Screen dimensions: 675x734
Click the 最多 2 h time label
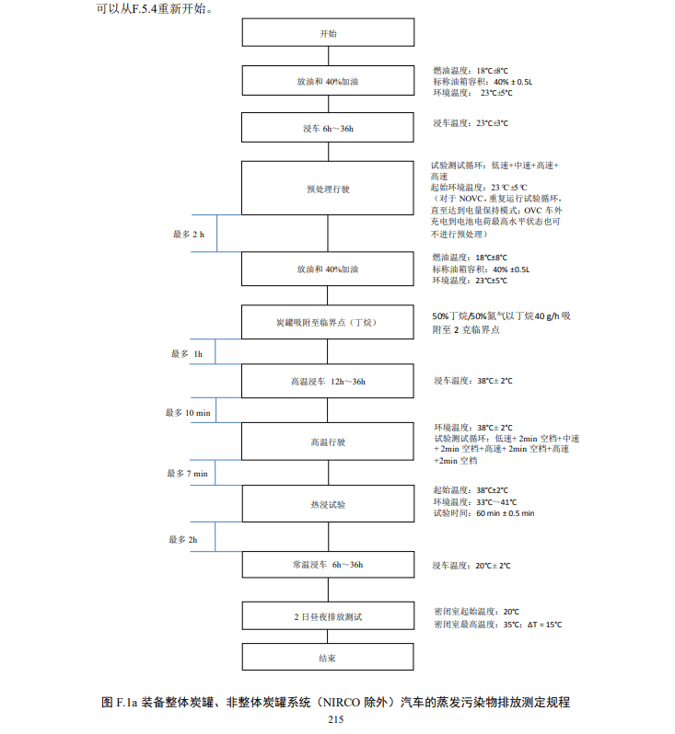pyautogui.click(x=189, y=234)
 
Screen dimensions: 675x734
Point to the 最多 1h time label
pyautogui.click(x=187, y=354)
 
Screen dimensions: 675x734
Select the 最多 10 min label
pyautogui.click(x=188, y=413)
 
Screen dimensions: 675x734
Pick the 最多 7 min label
pyautogui.click(x=188, y=474)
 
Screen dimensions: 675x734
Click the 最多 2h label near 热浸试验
pyautogui.click(x=183, y=540)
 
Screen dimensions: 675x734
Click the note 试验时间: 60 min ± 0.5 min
pyautogui.click(x=484, y=513)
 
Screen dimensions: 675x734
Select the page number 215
pyautogui.click(x=336, y=719)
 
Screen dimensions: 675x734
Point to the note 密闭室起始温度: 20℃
pyautogui.click(x=477, y=612)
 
